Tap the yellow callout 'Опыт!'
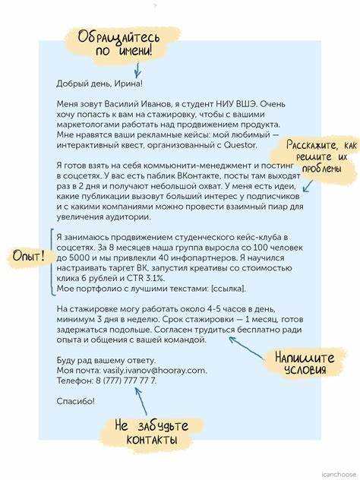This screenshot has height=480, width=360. click(x=27, y=257)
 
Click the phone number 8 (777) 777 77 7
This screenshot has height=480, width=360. click(x=122, y=381)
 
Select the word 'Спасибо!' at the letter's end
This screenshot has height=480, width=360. click(x=75, y=400)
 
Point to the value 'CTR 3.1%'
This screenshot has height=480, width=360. click(x=161, y=279)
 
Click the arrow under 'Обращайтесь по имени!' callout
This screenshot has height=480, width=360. click(x=137, y=70)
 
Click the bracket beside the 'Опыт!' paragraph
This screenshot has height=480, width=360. click(x=51, y=262)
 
